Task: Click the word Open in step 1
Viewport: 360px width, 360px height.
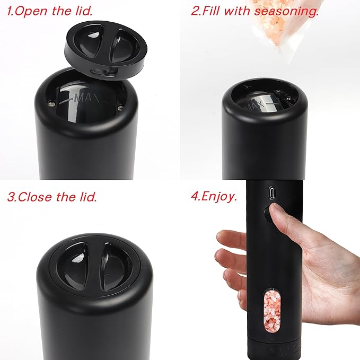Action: click(29, 10)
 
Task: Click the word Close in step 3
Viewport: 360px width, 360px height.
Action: click(34, 197)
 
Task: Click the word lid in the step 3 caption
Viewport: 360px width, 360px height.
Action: click(87, 197)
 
